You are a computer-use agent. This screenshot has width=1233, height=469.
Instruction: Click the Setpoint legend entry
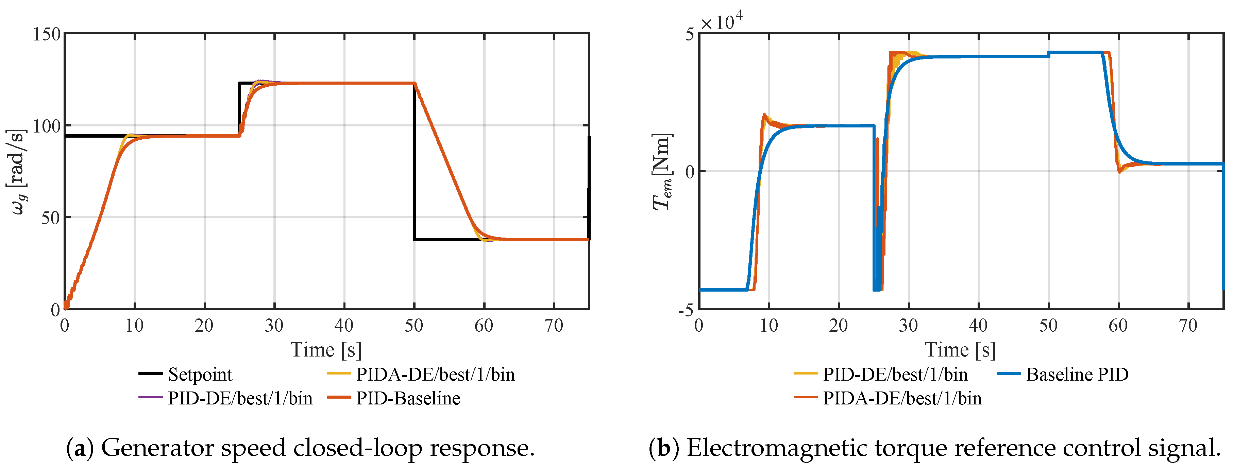(185, 374)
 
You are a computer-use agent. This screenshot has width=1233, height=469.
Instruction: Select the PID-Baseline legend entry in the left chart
(394, 398)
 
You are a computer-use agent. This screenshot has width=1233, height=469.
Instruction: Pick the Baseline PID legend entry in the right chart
(1063, 374)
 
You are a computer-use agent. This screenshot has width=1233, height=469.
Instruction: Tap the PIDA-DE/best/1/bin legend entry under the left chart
(421, 374)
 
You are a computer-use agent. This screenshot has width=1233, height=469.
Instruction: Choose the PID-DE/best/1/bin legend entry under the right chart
(881, 374)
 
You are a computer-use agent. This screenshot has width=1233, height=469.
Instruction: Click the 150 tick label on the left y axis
(47, 34)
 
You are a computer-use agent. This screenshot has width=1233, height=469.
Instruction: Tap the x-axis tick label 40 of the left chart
(344, 326)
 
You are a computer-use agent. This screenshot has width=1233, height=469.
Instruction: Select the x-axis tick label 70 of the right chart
(1188, 326)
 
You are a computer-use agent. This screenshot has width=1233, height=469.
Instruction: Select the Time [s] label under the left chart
(326, 350)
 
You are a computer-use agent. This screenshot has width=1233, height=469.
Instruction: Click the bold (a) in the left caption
(80, 448)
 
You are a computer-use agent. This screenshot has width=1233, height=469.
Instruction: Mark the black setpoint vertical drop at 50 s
(414, 161)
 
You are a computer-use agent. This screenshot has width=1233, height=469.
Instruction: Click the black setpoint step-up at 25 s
(239, 109)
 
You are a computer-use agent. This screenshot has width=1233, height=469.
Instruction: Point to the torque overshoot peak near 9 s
(764, 115)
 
